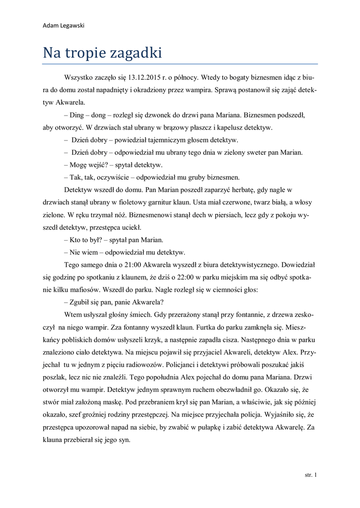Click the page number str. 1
pyautogui.click(x=310, y=475)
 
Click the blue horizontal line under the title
pyautogui.click(x=180, y=63)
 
